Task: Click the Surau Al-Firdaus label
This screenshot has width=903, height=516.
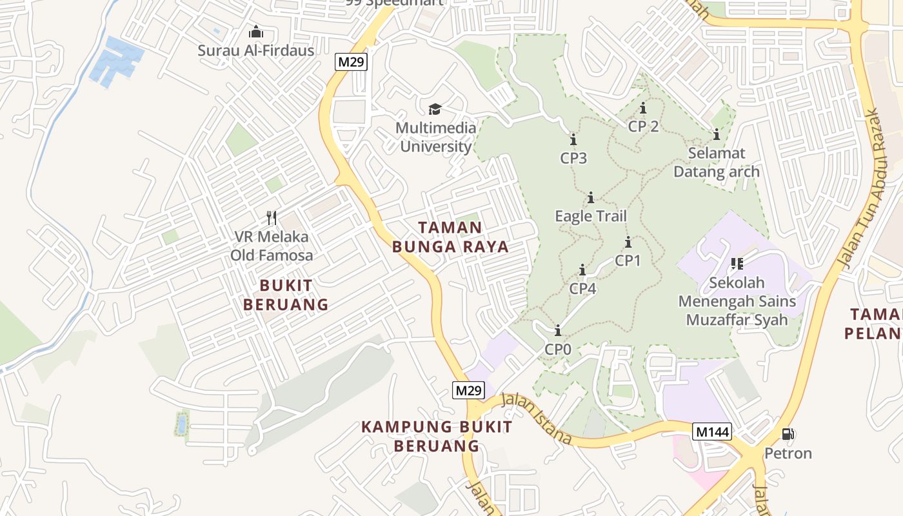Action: tap(256, 50)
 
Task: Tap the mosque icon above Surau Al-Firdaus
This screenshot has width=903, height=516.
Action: tap(256, 32)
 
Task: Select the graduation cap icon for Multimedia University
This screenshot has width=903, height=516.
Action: tap(435, 108)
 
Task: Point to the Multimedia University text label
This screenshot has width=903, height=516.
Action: tap(436, 137)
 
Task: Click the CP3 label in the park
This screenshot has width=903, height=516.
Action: tap(573, 158)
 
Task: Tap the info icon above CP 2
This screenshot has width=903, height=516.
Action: tap(643, 108)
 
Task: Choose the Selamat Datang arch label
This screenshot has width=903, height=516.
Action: tap(716, 163)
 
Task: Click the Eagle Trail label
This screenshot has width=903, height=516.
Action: tap(591, 216)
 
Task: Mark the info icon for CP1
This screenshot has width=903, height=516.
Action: tap(628, 243)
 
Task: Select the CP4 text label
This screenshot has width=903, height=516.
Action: tap(582, 288)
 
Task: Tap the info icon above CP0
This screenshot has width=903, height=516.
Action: tap(558, 331)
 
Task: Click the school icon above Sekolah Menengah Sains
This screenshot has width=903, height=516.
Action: tap(737, 263)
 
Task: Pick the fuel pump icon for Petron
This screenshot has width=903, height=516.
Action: tap(788, 434)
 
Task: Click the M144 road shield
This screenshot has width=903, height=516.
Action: tap(712, 432)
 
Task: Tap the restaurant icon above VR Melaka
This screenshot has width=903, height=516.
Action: tap(272, 218)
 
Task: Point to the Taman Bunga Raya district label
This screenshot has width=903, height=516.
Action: tap(450, 237)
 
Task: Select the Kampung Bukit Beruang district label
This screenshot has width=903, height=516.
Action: tap(437, 436)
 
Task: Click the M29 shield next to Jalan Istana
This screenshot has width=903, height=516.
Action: tap(468, 390)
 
